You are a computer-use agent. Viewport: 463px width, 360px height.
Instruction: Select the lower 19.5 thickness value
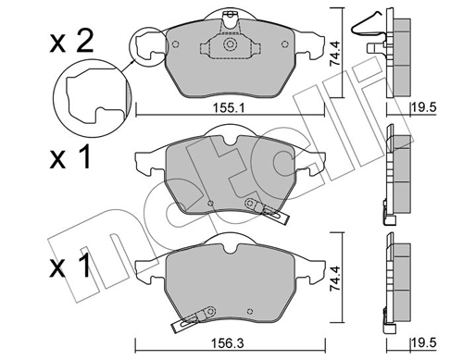[425, 348]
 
